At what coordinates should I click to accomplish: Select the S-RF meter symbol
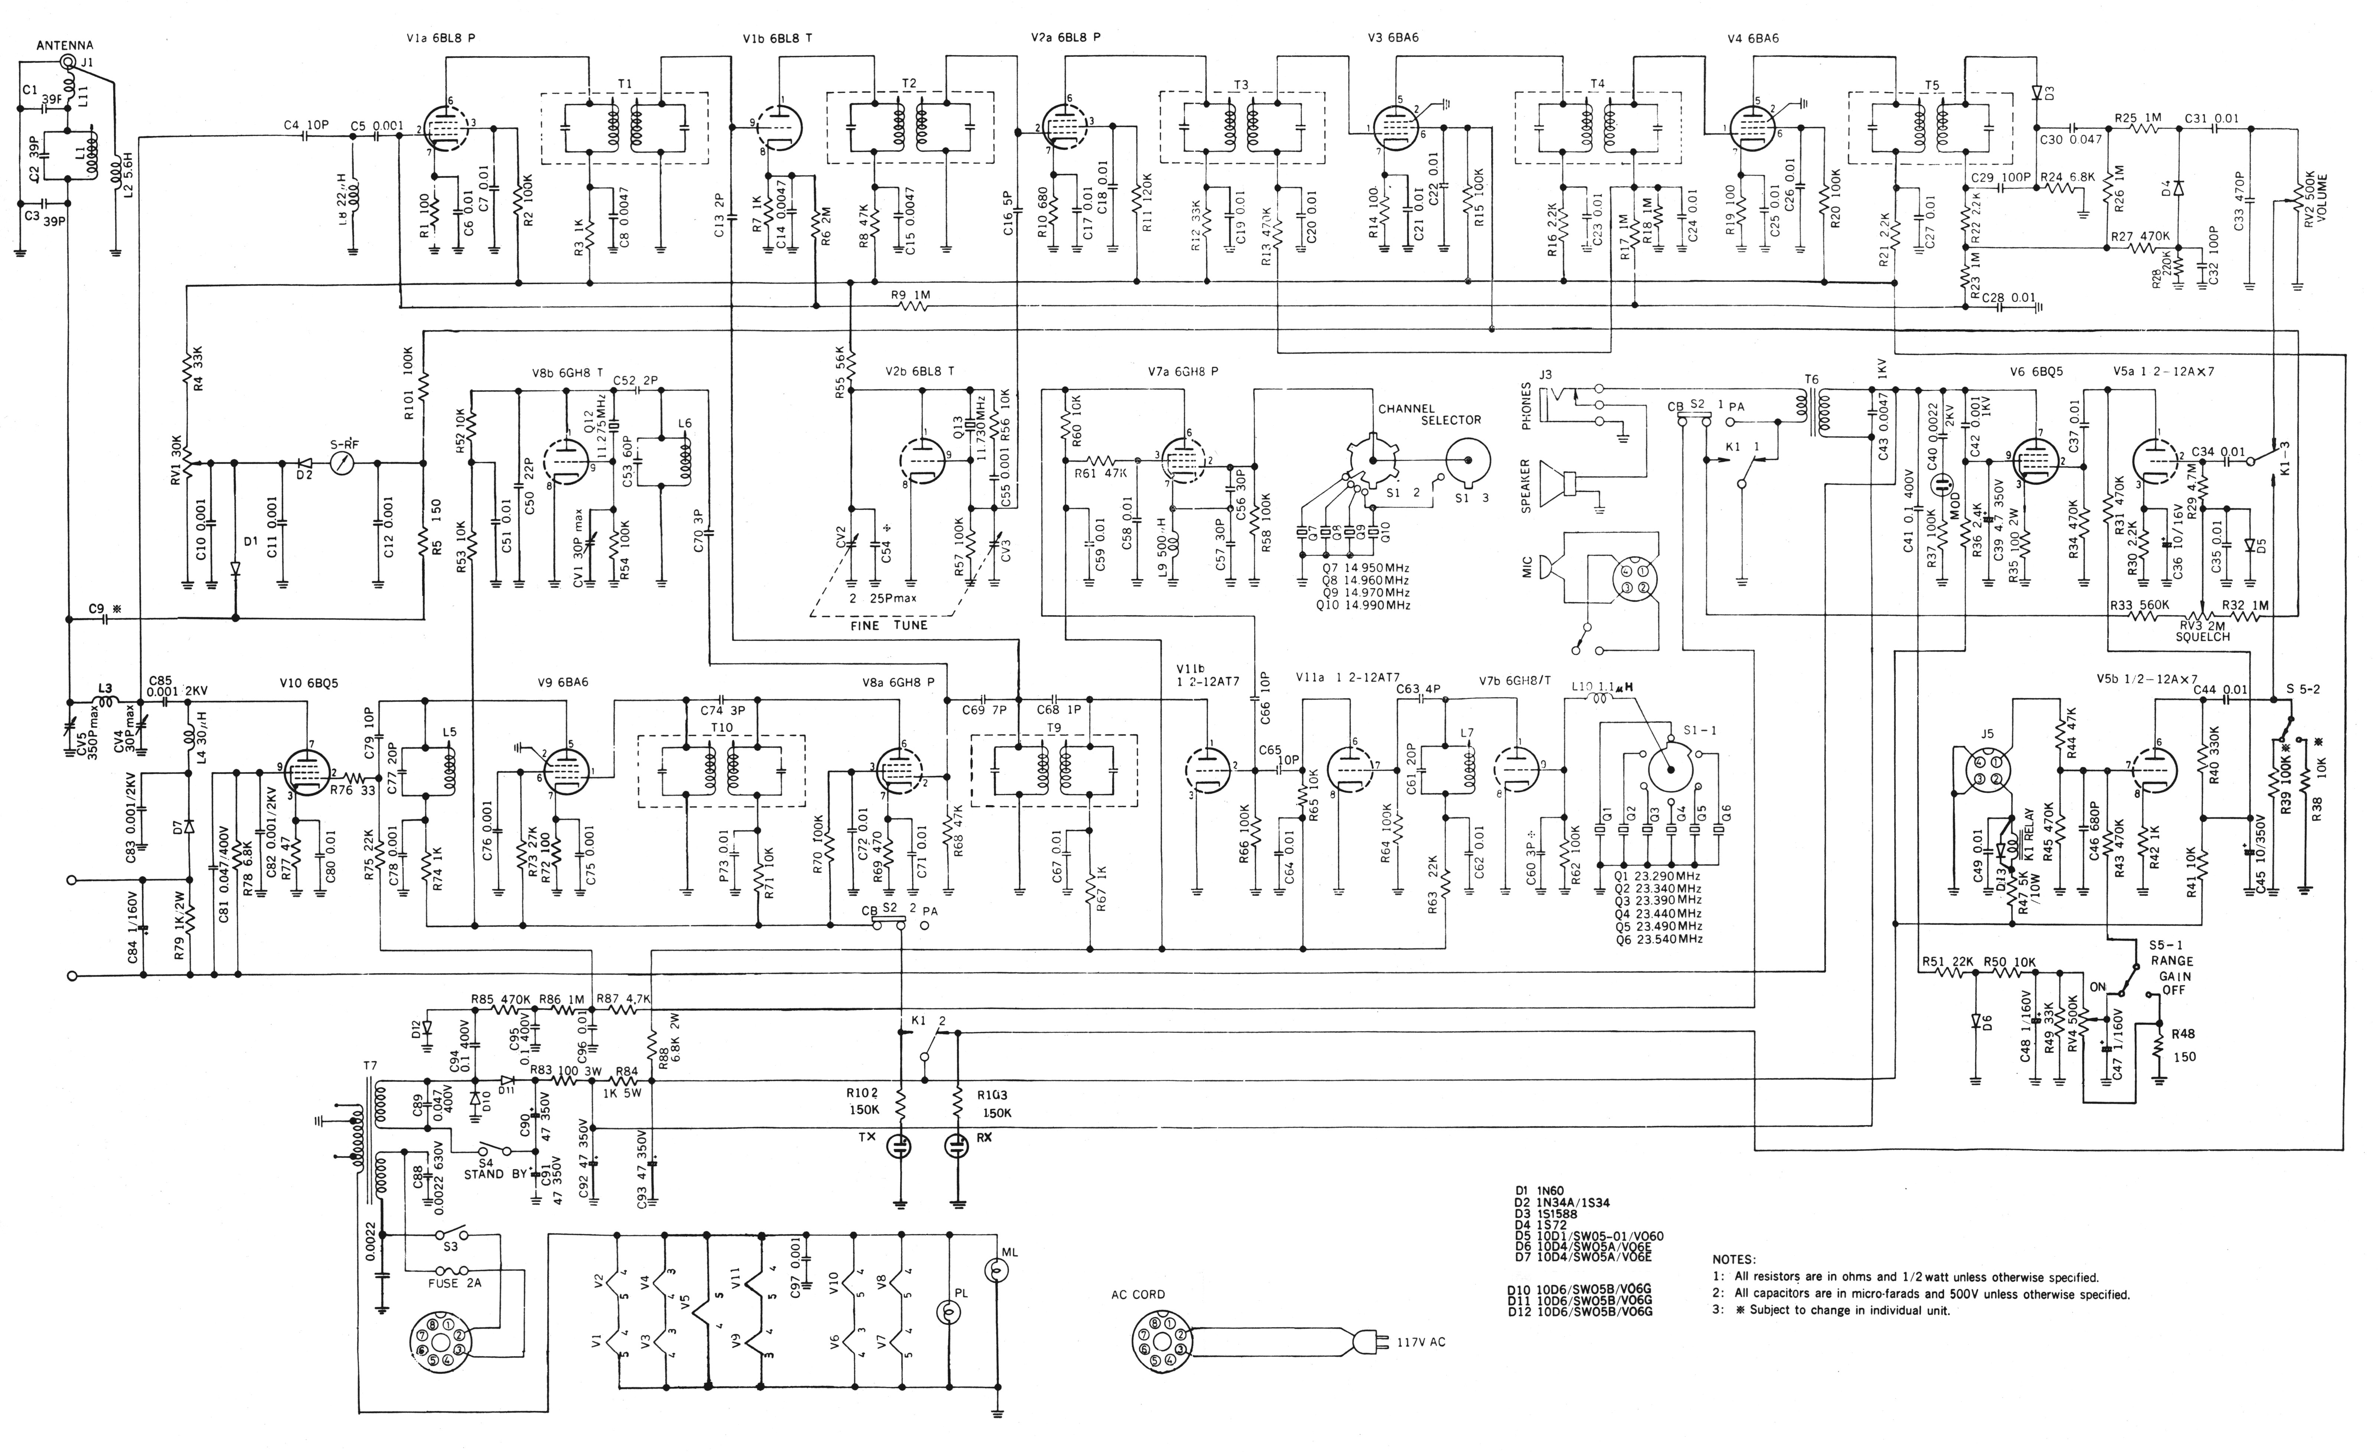coord(339,462)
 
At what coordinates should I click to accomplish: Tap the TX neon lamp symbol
coord(900,1146)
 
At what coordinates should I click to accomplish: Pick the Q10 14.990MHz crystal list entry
coord(1362,605)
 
